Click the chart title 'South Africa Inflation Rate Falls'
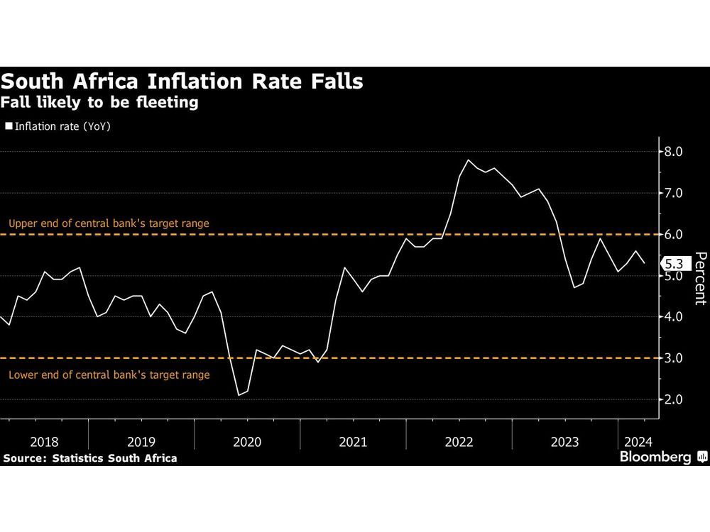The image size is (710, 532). point(182,82)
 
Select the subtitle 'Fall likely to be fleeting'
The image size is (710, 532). point(99,103)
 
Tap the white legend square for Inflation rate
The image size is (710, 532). point(9,127)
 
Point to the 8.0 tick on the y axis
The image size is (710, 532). point(673,152)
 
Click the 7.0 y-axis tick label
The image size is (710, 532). point(673,193)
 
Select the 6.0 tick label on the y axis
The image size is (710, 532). point(673,234)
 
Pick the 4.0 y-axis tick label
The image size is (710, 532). point(673,317)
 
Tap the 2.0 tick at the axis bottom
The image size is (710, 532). point(673,400)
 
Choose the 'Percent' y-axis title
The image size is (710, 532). point(700,278)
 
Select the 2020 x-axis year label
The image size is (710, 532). point(246,442)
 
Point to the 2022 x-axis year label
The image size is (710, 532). point(459,442)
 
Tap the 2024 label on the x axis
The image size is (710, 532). point(635,442)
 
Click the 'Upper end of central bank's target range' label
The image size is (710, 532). point(109,223)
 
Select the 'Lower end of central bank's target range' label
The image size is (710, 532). point(109,374)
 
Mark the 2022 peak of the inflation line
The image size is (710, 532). point(469,160)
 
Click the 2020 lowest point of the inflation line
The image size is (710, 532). point(239,395)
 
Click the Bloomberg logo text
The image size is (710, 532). point(655,458)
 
